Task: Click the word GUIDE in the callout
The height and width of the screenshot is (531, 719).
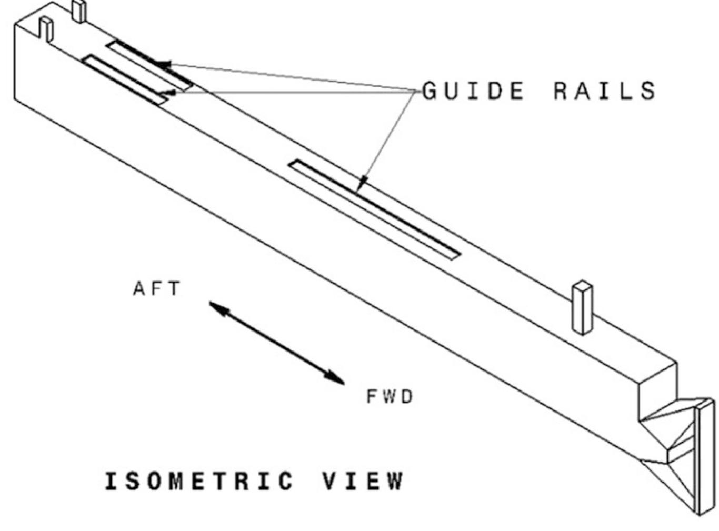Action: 474,91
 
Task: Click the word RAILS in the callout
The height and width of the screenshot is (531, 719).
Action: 604,91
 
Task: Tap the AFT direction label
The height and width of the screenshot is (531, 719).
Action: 156,289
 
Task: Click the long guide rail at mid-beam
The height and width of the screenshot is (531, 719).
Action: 374,209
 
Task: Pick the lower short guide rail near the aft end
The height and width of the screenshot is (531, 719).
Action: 124,79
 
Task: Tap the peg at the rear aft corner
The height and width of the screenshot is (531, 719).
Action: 78,11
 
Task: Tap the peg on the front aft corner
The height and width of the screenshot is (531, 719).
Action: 46,29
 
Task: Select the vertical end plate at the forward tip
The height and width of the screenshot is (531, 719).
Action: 705,455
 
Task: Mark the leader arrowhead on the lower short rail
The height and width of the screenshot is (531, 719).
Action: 169,94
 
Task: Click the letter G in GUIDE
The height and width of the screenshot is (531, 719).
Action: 431,91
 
